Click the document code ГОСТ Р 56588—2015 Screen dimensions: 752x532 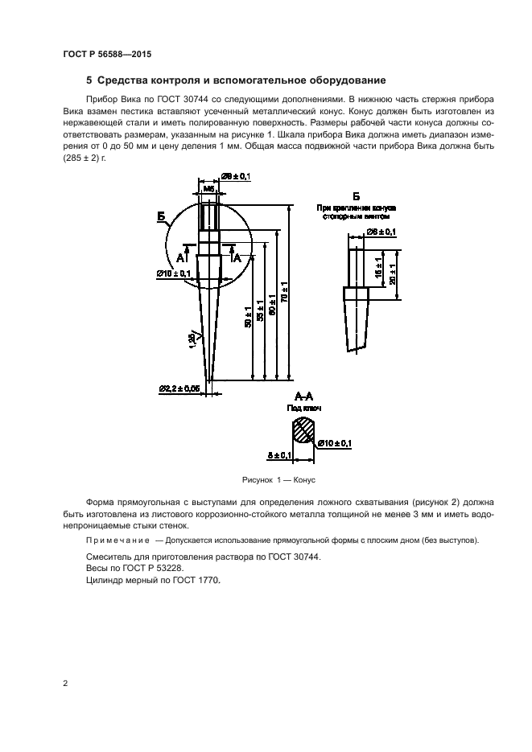107,54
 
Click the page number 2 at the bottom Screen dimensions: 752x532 64,684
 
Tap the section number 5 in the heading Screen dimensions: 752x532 89,80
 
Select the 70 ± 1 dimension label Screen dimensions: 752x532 287,290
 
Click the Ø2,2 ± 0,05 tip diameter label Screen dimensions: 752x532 180,389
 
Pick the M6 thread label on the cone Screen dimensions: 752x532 209,188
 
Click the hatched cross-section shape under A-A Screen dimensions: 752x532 303,430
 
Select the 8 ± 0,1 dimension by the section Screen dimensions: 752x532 281,456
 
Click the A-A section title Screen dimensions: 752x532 303,396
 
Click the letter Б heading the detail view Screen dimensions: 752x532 355,197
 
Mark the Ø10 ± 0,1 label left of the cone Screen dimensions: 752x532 174,273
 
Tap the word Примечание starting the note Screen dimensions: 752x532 118,540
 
